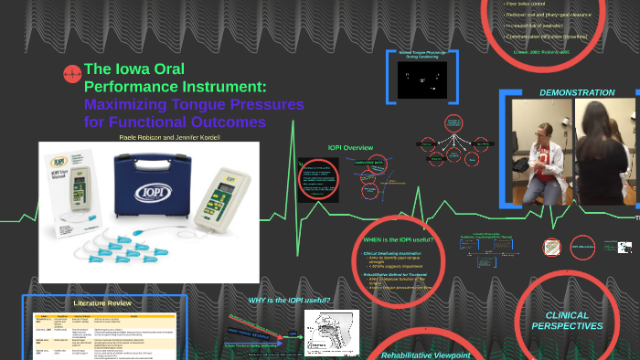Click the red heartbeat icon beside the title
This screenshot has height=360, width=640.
(71, 75)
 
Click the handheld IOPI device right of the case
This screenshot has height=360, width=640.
(228, 191)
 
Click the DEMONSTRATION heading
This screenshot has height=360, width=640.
(577, 92)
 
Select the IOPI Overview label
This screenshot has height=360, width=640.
(351, 147)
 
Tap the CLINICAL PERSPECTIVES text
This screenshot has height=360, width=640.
(568, 320)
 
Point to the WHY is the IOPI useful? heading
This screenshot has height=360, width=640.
(289, 300)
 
